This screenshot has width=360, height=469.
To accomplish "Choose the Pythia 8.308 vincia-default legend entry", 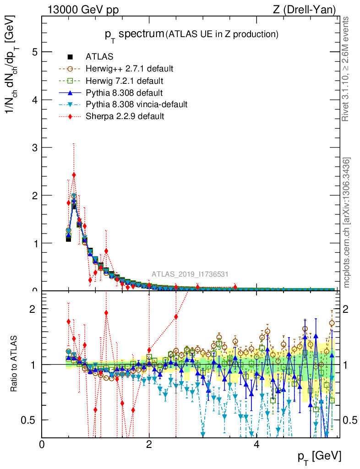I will [136, 104].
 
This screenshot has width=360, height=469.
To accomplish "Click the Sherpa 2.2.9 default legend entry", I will [125, 116].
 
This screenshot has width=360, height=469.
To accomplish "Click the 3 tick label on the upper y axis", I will [34, 147].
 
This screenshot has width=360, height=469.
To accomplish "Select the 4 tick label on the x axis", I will [256, 445].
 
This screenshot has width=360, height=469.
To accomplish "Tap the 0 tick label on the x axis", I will [42, 445].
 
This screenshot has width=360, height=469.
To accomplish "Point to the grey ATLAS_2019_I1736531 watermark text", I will [190, 274].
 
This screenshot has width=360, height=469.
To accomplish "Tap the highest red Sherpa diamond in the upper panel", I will [74, 175].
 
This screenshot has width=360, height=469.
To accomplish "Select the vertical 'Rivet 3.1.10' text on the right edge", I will [347, 69].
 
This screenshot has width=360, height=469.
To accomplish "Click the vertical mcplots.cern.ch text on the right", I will [347, 223].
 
